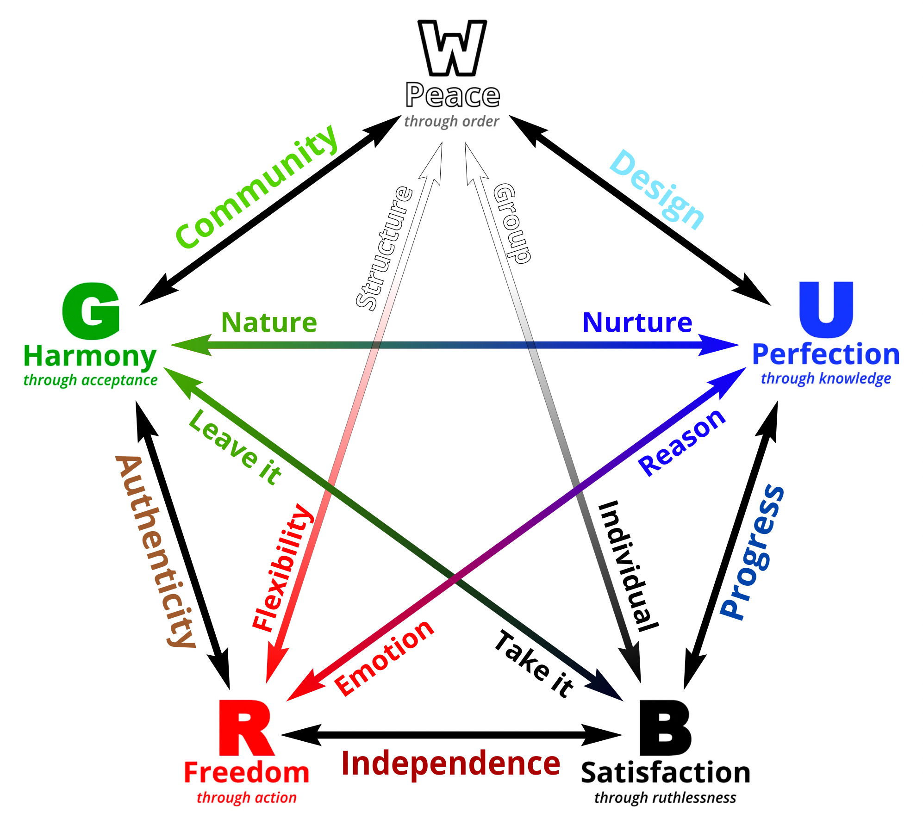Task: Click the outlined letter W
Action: (452, 48)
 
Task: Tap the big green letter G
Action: (91, 311)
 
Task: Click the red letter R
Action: (245, 728)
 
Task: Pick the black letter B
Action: (665, 728)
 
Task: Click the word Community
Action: (257, 187)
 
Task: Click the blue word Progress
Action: (753, 552)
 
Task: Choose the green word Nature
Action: (269, 323)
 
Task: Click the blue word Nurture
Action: (637, 323)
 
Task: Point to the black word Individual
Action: (628, 566)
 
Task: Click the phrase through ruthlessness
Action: (665, 798)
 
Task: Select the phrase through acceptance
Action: (90, 380)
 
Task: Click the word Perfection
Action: (826, 354)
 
